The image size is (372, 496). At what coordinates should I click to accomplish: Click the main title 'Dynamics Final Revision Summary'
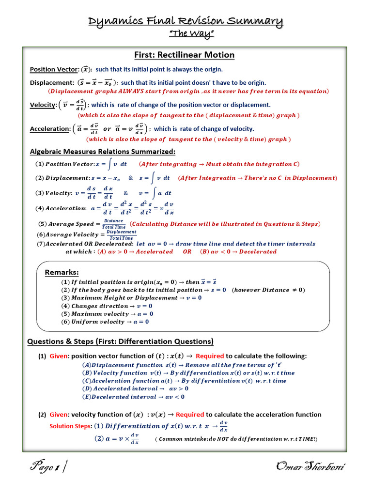186,21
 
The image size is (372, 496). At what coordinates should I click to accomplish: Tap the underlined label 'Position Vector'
54,69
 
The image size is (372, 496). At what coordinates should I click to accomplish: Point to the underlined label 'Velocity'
43,105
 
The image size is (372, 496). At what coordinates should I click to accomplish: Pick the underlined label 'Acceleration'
50,129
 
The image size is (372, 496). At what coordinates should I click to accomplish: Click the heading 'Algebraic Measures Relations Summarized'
103,152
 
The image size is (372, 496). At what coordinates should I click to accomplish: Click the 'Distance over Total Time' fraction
114,224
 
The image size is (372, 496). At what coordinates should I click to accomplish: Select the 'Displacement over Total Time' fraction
121,235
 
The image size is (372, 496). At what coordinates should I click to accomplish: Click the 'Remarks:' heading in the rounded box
62,272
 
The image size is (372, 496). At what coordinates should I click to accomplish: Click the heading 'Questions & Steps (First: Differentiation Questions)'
120,341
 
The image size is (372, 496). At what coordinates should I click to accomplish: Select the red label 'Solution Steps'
70,426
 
